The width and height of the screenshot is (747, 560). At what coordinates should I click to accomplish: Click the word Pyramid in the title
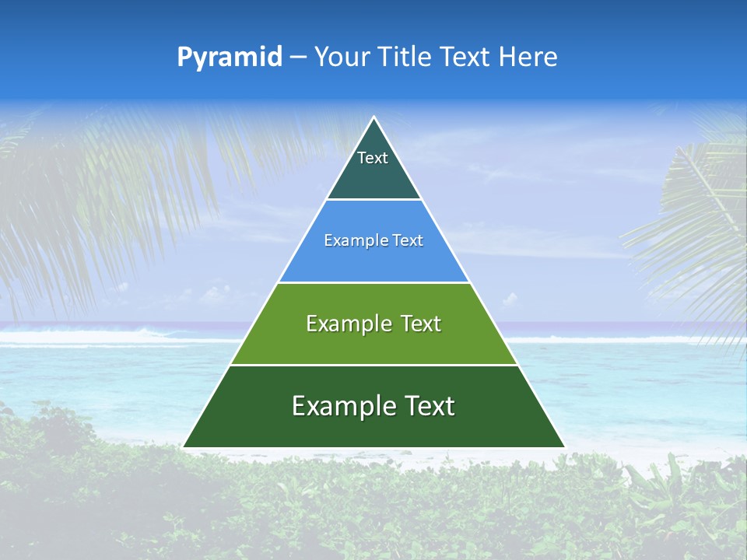pos(229,58)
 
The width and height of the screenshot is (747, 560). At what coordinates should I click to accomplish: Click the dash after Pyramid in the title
pos(298,58)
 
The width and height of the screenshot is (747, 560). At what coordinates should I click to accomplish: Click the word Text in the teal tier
pos(373,158)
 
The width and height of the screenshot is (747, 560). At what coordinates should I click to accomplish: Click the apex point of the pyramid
pos(373,117)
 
